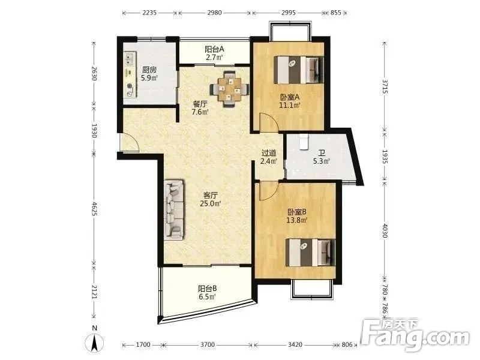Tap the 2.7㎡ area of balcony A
[214, 57]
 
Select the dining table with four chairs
[229, 89]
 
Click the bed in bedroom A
[299, 70]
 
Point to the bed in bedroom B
[310, 253]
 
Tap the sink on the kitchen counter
[129, 59]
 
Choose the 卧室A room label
[289, 97]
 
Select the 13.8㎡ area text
[296, 220]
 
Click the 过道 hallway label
[269, 153]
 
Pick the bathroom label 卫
[321, 153]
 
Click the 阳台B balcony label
[207, 289]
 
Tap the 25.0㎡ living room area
[211, 203]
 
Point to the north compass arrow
[95, 343]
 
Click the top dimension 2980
[214, 13]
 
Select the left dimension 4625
[94, 209]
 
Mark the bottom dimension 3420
[295, 345]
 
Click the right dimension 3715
[385, 87]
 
